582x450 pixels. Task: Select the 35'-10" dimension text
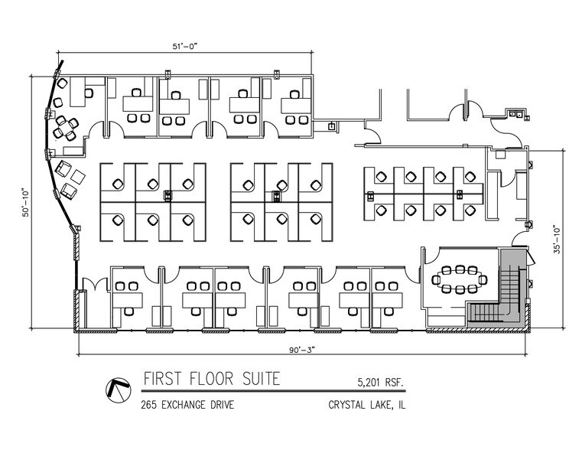[x=556, y=238]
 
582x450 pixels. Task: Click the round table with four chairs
[x=65, y=127]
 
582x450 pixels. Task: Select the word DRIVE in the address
[x=220, y=404]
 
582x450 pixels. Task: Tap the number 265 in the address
[x=149, y=404]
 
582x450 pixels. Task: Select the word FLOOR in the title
[x=209, y=379]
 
